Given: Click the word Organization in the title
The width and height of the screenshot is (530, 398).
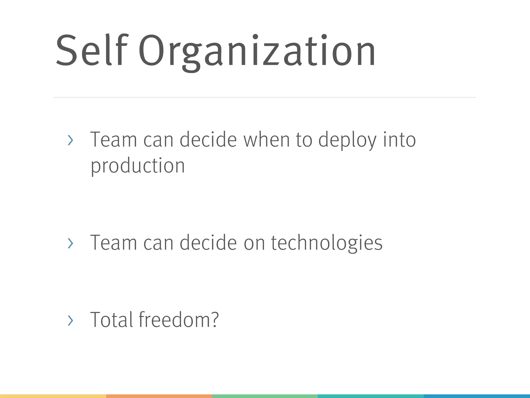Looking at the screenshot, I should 257,52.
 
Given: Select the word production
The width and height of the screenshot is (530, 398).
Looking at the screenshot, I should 138,166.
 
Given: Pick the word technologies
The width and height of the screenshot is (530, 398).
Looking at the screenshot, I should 327,243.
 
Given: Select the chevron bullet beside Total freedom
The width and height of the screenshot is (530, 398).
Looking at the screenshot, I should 70,321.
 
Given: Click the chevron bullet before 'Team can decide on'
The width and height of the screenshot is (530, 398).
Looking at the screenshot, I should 70,243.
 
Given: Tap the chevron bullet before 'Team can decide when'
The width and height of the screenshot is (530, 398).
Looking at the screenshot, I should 70,140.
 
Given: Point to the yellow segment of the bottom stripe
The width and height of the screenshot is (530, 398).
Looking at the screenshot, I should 53,396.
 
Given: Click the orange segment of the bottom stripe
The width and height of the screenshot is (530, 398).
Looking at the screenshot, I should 159,396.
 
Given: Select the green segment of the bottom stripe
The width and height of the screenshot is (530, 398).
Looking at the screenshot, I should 265,396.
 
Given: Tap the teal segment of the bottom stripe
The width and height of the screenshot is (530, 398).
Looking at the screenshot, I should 371,396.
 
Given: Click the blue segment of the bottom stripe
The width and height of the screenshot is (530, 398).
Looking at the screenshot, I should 477,396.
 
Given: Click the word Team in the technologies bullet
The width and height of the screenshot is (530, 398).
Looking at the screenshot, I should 113,243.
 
